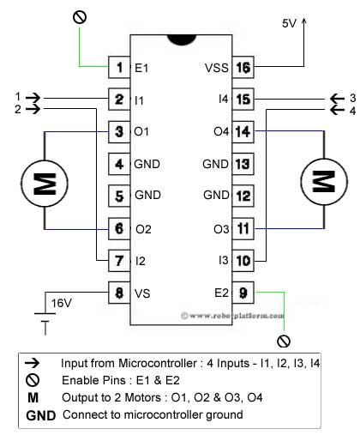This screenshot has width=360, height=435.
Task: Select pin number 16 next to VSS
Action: tap(243, 67)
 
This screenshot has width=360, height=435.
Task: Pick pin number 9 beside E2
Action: tap(243, 292)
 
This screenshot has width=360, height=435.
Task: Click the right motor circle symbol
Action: tap(322, 181)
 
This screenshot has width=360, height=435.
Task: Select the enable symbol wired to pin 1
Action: tap(81, 16)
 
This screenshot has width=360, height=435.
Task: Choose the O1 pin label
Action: tap(142, 131)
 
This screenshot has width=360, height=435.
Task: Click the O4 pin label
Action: tap(219, 131)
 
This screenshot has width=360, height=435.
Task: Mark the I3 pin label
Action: tap(221, 259)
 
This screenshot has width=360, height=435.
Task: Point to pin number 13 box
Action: tap(243, 163)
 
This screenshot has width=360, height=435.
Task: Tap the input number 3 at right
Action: tap(352, 96)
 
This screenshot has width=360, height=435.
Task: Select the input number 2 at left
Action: tap(18, 109)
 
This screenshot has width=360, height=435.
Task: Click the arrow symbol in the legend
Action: tap(33, 363)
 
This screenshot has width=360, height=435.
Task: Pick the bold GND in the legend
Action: tap(39, 415)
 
